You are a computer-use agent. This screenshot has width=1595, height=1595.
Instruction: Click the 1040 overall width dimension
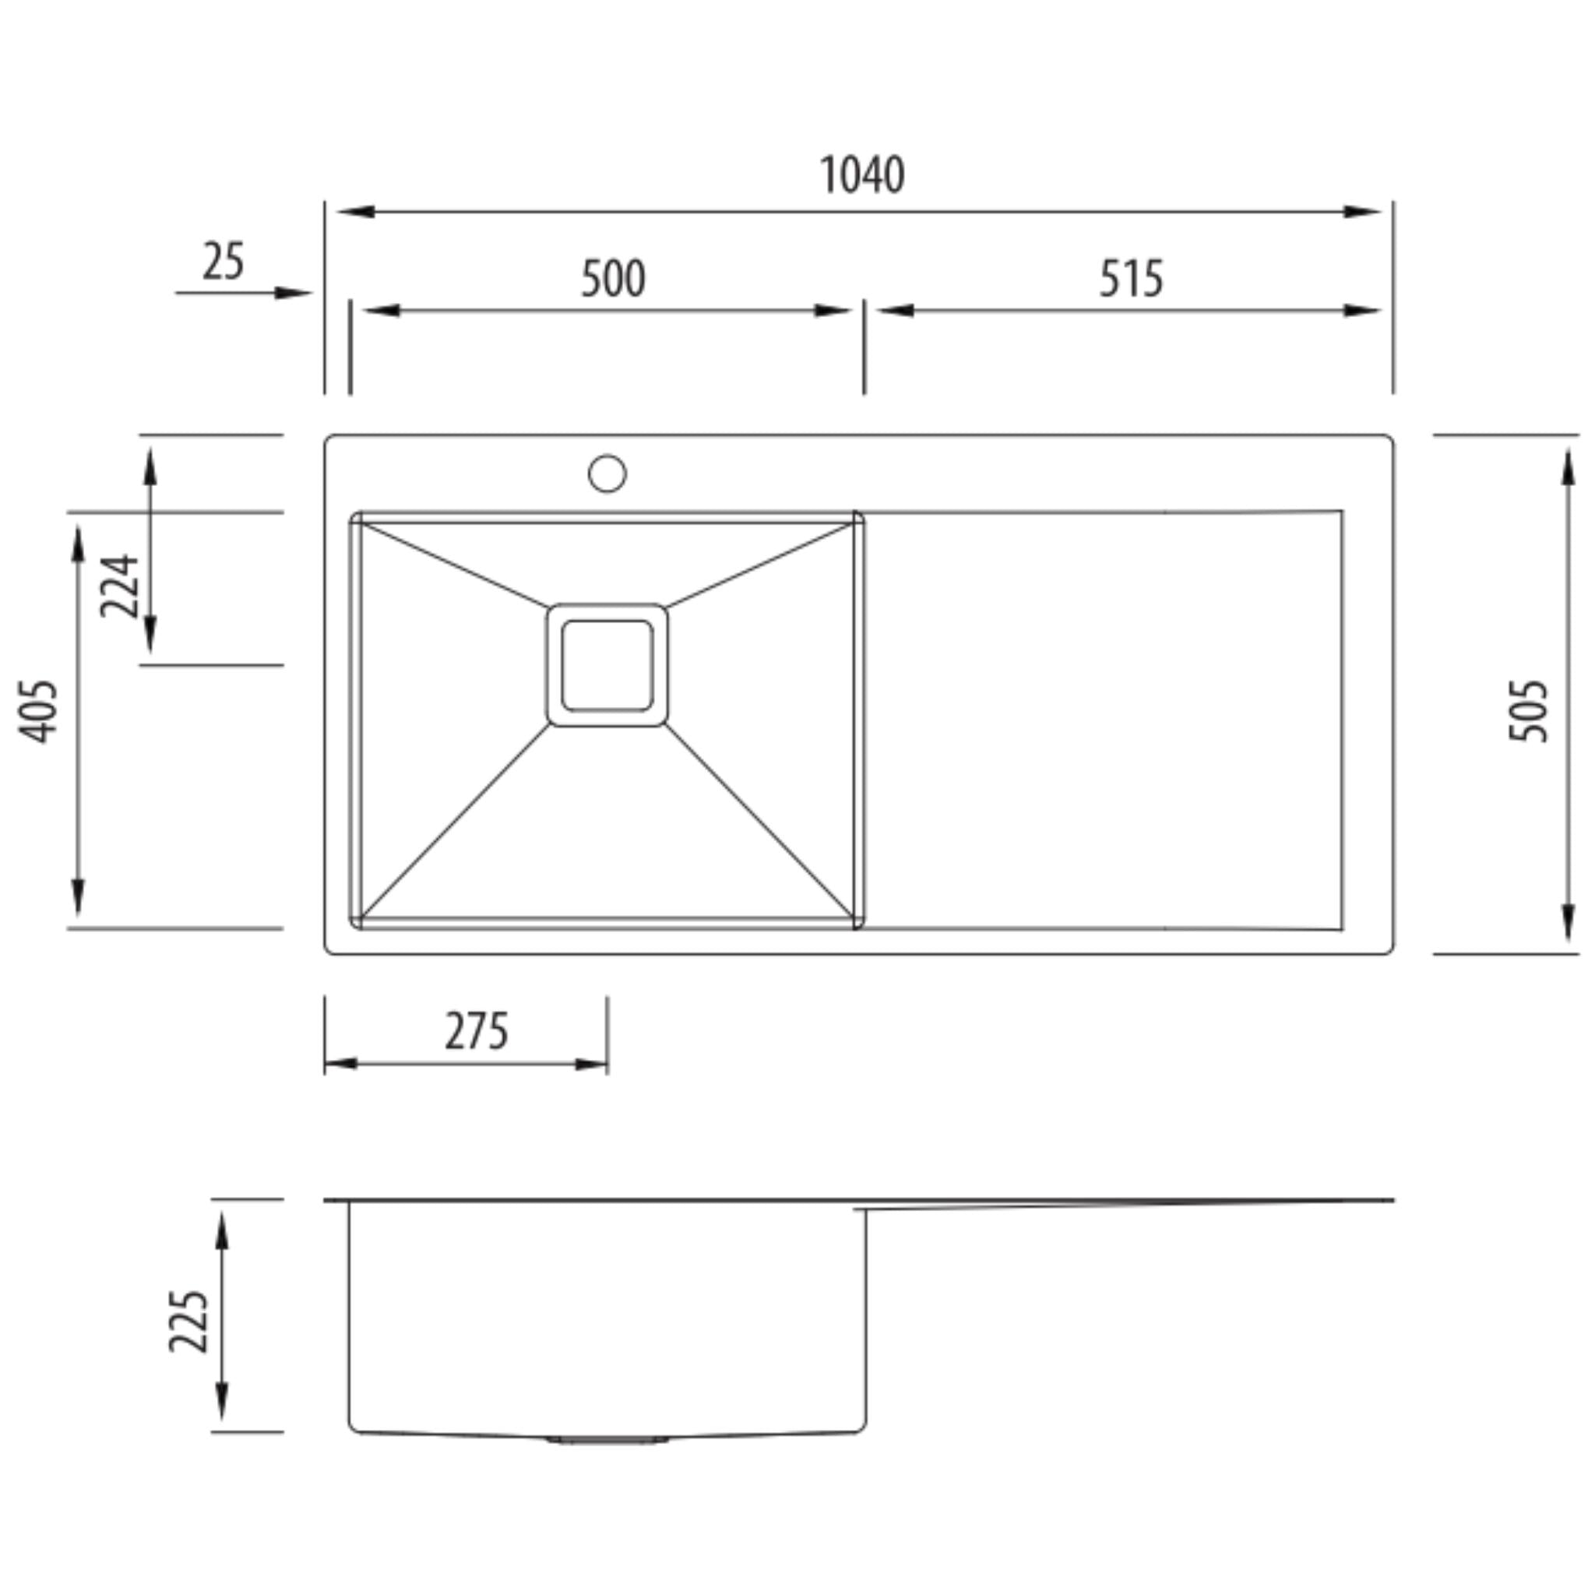point(861,175)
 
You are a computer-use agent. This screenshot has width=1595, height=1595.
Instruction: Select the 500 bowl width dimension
point(613,279)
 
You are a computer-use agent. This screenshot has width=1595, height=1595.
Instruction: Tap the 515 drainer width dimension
point(1130,279)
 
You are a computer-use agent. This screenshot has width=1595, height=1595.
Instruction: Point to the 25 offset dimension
point(223,262)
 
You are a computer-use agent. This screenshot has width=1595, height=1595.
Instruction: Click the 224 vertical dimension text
point(120,586)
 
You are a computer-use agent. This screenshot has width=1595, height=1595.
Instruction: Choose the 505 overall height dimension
point(1528,711)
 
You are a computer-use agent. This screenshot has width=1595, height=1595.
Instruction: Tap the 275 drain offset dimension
point(477,1031)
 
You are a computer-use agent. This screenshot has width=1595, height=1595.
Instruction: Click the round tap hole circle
point(607,474)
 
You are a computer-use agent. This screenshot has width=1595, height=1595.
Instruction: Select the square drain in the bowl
point(607,665)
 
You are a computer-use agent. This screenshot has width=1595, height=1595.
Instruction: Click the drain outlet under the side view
point(607,1440)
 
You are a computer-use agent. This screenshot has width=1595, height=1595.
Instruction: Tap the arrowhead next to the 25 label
point(292,292)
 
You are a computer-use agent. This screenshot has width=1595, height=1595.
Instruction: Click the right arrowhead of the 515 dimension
point(1361,312)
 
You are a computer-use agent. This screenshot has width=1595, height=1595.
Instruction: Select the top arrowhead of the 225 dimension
point(221,1229)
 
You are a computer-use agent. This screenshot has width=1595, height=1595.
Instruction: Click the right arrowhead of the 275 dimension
point(591,1064)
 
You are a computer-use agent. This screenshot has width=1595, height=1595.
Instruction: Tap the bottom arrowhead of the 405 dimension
point(78,897)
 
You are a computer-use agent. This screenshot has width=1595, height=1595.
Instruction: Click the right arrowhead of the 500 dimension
point(831,312)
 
